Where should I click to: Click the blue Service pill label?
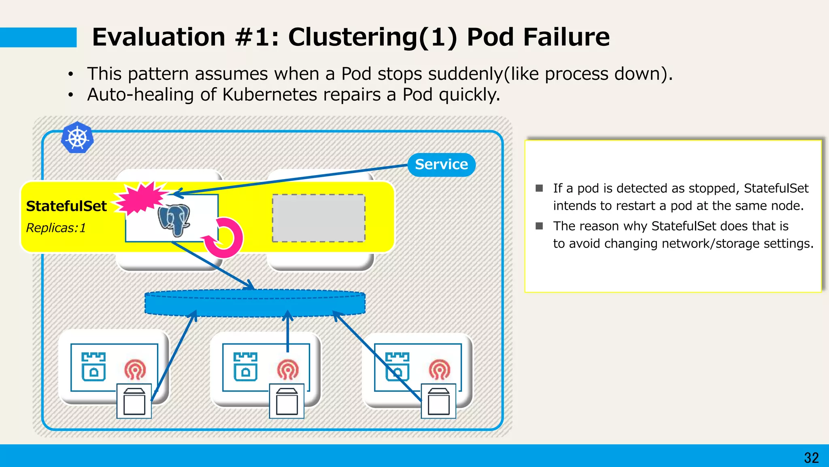coord(441,165)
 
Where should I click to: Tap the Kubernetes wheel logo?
coord(77,138)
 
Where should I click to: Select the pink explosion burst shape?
coord(141,197)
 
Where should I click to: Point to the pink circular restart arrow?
coord(225,238)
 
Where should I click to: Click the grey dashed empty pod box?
coord(319,218)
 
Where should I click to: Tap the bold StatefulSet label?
coord(66,206)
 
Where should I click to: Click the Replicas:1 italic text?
coord(56,228)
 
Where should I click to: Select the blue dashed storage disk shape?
coord(255,303)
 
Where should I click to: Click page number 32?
coord(811,458)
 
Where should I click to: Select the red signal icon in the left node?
coord(135,369)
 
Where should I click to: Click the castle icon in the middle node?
coord(245,366)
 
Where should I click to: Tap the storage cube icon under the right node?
coord(438,401)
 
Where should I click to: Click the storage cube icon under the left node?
coord(134,401)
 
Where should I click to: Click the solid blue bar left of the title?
coord(38,37)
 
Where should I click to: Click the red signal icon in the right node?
coord(440,369)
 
